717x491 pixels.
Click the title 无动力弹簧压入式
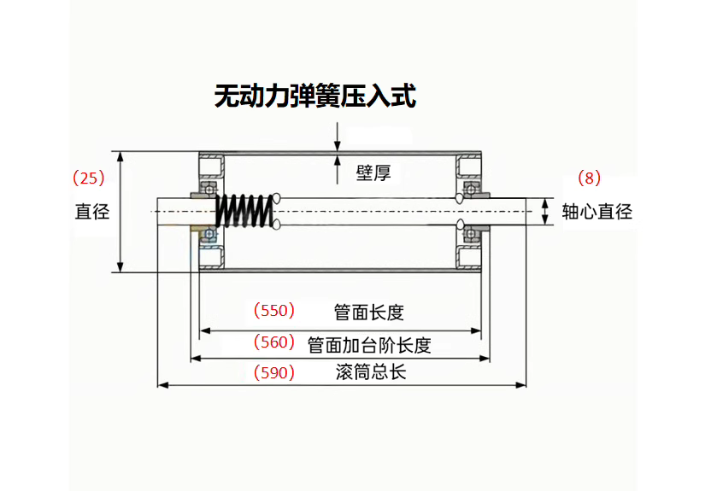point(314,96)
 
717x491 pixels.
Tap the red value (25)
point(88,178)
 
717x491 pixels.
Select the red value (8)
point(590,178)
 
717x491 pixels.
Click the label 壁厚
point(373,173)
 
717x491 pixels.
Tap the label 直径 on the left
point(92,211)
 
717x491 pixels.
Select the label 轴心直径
point(597,211)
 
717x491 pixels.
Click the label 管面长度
point(368,313)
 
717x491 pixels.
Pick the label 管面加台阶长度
point(368,345)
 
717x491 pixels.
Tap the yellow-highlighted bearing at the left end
point(207,233)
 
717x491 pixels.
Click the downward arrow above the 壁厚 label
point(339,137)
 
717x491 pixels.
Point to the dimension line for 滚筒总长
point(342,385)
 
